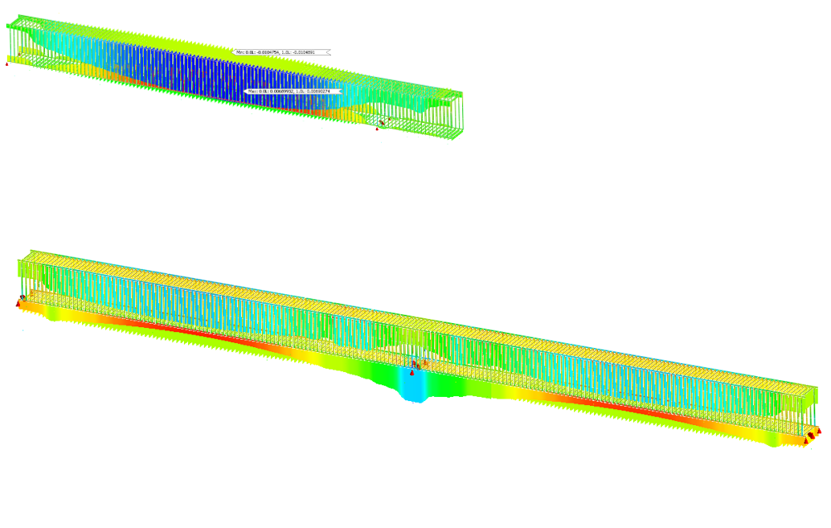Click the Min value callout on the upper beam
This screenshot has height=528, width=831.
(x=281, y=52)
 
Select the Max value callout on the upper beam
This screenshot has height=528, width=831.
(x=293, y=92)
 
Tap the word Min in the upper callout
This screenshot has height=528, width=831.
(x=238, y=52)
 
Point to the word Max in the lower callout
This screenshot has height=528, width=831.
(x=252, y=92)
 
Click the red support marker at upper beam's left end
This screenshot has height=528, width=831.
(x=7, y=63)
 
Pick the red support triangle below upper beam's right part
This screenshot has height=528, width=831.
(x=377, y=128)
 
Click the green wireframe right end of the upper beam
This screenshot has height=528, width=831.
(x=450, y=117)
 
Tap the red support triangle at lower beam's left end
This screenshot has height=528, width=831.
(x=18, y=303)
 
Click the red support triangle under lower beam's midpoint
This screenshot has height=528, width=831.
(x=412, y=372)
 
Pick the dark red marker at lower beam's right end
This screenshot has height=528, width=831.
(x=811, y=436)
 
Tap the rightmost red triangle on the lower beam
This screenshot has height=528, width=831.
(x=819, y=431)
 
